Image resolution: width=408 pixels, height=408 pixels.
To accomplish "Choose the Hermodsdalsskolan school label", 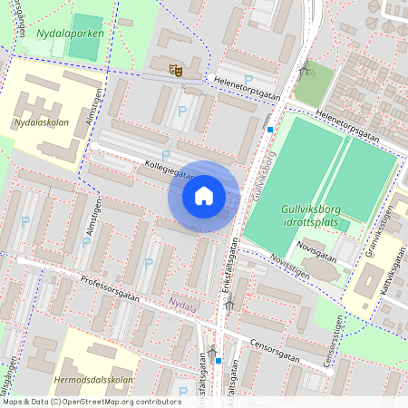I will [x=93, y=380].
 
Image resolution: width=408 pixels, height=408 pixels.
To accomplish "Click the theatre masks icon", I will [x=176, y=67].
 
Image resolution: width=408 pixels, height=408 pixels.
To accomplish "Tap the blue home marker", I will [x=204, y=196].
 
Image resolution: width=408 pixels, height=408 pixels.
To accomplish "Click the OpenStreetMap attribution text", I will [x=91, y=401].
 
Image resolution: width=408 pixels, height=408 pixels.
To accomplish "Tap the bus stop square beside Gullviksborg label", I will [x=269, y=129].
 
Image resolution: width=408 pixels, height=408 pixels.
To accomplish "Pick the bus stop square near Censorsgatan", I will [x=219, y=360].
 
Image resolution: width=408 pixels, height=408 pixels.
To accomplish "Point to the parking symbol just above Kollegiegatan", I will [x=165, y=154].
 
